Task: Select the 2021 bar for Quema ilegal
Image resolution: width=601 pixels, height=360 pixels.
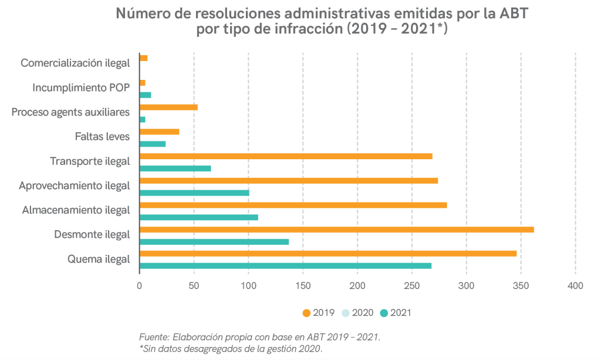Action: (285, 266)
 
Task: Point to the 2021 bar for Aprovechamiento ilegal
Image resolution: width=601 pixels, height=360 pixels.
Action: (194, 193)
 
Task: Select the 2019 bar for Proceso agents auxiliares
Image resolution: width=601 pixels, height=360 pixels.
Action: (168, 107)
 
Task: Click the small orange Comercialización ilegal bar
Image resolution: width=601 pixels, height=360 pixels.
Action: (143, 58)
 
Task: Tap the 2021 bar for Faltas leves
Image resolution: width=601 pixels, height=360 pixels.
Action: (153, 144)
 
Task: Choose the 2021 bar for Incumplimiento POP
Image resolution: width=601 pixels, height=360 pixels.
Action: (145, 95)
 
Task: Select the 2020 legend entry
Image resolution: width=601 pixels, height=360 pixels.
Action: (358, 313)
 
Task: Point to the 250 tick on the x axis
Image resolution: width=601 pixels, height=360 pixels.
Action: (412, 286)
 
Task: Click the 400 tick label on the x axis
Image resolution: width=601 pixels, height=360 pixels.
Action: (575, 286)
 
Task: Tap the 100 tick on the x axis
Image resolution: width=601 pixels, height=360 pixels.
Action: (248, 286)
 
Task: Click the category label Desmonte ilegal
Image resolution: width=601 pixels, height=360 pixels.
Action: (92, 235)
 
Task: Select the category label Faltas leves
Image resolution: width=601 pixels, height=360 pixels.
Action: (102, 137)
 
